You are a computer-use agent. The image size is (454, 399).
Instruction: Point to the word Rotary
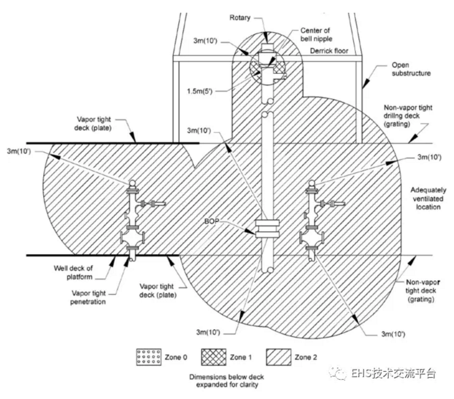pos(240,18)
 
